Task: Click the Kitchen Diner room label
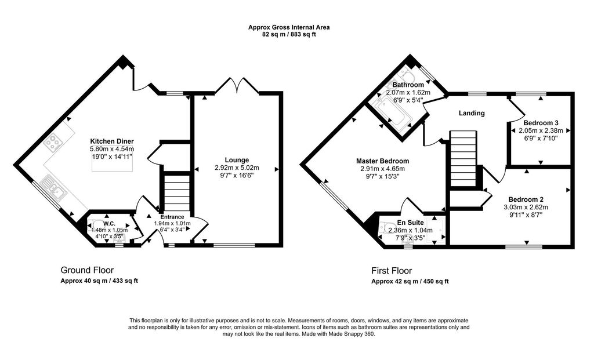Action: [x=112, y=141]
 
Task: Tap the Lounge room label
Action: [x=237, y=160]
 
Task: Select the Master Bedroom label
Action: [x=383, y=161]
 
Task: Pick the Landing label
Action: [x=472, y=113]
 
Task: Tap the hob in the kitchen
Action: [x=52, y=143]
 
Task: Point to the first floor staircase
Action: [x=462, y=158]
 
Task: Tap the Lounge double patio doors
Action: [x=237, y=85]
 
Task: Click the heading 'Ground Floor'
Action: [x=87, y=270]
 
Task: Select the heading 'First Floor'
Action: [x=392, y=271]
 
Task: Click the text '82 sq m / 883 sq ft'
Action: [x=289, y=34]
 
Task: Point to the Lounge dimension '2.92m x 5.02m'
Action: [x=237, y=168]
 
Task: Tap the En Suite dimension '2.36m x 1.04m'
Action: [x=410, y=230]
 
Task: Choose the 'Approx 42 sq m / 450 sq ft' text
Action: [x=410, y=281]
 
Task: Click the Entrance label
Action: [x=172, y=217]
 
